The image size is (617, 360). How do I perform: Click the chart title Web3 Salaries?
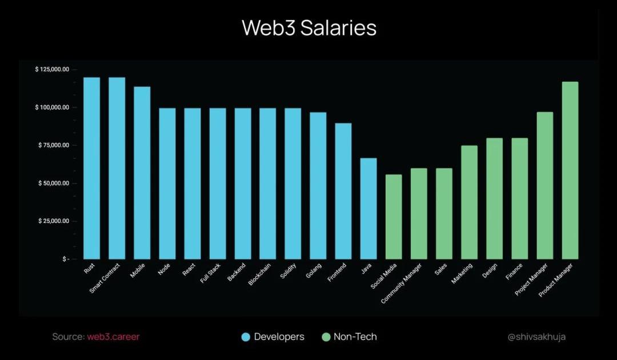(x=309, y=28)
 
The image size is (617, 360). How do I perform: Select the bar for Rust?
(x=91, y=168)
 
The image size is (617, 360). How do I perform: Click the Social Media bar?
(x=394, y=217)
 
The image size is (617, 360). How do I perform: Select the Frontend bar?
(x=343, y=191)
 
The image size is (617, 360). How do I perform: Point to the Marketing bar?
(x=469, y=202)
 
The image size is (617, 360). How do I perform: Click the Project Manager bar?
(x=545, y=185)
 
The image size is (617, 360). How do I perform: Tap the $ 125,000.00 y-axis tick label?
(x=52, y=70)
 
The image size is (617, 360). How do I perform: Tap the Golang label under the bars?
(x=313, y=271)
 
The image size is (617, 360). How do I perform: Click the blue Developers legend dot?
(x=246, y=337)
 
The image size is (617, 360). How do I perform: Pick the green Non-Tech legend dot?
(x=326, y=337)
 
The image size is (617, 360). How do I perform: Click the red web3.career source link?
(x=113, y=337)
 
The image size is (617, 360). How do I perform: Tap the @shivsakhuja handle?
(x=537, y=337)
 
